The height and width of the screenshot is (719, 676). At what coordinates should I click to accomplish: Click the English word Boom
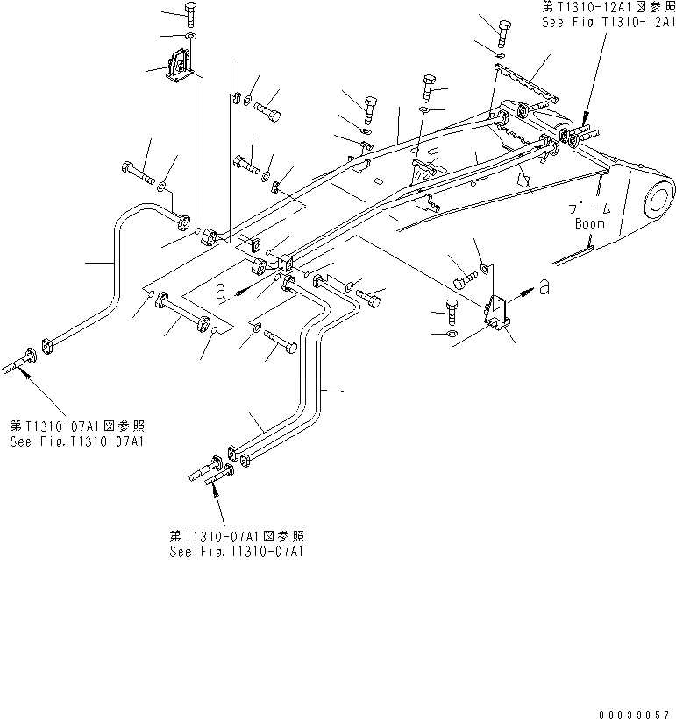pyautogui.click(x=589, y=223)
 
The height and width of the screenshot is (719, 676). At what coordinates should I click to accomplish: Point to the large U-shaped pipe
pyautogui.click(x=114, y=263)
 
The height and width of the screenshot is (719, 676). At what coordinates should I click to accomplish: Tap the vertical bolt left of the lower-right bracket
pyautogui.click(x=450, y=311)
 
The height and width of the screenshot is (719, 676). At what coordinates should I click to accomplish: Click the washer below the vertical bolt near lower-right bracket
pyautogui.click(x=450, y=334)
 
